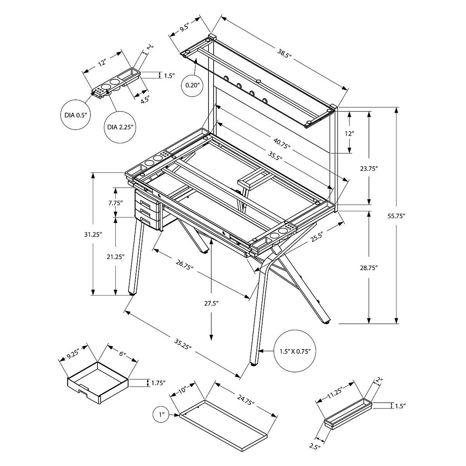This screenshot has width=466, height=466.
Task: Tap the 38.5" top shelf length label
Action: (283, 56)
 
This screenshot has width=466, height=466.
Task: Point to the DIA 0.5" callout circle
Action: (75, 115)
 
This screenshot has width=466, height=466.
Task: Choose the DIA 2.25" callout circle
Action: (120, 127)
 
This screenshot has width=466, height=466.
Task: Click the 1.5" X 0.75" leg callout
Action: (294, 351)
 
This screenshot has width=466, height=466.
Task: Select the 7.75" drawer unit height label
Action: (115, 202)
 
